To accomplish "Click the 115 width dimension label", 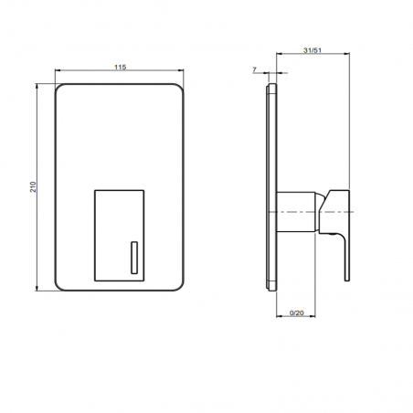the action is point(120,67).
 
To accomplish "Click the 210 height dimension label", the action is point(33,186).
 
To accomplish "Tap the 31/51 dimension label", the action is point(312,50).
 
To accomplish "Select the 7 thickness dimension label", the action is point(255,69).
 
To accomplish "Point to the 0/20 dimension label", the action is point(297,312).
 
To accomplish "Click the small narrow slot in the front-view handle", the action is point(134,258).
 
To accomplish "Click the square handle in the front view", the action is point(119,236).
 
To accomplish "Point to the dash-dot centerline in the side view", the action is point(311,212).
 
